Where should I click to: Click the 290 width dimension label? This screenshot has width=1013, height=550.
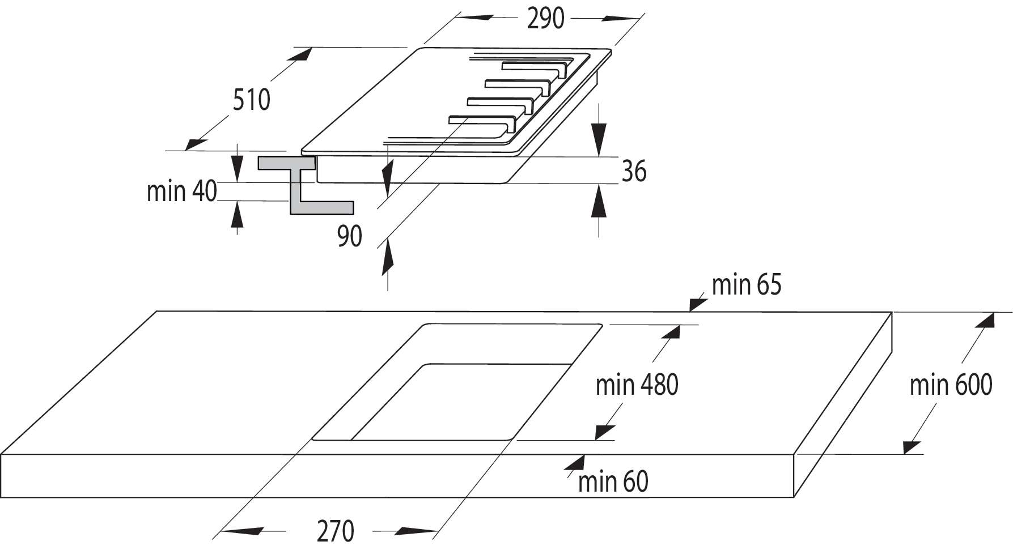pyautogui.click(x=545, y=19)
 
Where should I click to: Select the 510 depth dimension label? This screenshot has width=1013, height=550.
pyautogui.click(x=251, y=100)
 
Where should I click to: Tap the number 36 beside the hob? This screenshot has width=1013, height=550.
pyautogui.click(x=634, y=171)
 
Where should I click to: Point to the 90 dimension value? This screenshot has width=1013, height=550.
pyautogui.click(x=349, y=236)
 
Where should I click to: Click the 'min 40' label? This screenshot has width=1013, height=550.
pyautogui.click(x=181, y=191)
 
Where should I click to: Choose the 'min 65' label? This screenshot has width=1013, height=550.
pyautogui.click(x=746, y=285)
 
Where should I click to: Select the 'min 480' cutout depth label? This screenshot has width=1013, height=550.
pyautogui.click(x=637, y=385)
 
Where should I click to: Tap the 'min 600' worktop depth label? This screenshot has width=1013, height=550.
pyautogui.click(x=951, y=385)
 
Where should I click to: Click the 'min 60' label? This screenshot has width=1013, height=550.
pyautogui.click(x=613, y=482)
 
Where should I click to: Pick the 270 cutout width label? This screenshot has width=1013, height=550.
pyautogui.click(x=336, y=531)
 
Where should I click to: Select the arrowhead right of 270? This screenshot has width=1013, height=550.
pyautogui.click(x=416, y=531)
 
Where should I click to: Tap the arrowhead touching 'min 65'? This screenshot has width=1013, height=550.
pyautogui.click(x=698, y=305)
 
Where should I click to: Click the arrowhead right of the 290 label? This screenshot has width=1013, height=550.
pyautogui.click(x=621, y=19)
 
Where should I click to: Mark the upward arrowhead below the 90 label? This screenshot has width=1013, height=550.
pyautogui.click(x=388, y=258)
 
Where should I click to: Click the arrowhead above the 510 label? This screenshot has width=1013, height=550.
pyautogui.click(x=300, y=54)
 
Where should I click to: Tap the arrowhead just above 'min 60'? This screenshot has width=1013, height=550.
pyautogui.click(x=575, y=463)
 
